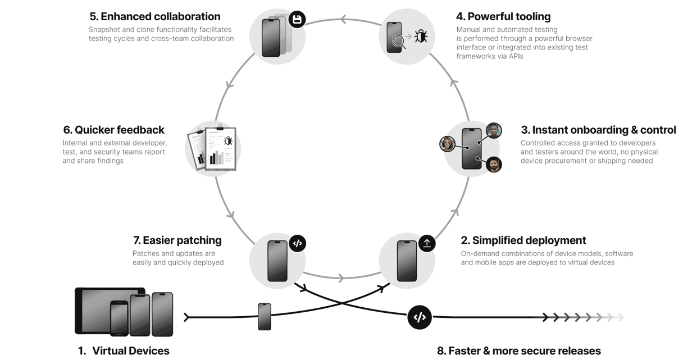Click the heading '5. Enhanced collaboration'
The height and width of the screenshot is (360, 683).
(x=155, y=17)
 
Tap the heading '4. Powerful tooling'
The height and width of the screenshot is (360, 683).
(x=503, y=17)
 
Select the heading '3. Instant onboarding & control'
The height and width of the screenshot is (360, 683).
(x=598, y=130)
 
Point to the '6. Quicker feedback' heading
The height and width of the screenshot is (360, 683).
(x=114, y=130)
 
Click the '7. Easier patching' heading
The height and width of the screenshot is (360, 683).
(x=177, y=240)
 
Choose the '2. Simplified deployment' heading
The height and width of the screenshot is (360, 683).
(x=523, y=240)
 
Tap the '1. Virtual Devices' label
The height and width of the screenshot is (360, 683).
(x=124, y=351)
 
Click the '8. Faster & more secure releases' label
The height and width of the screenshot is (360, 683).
(x=519, y=351)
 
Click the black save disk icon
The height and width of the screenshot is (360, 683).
(x=297, y=20)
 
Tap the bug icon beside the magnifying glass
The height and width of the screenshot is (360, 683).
(x=421, y=37)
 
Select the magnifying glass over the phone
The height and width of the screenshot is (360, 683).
(x=399, y=42)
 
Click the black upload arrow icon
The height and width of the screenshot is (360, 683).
(x=427, y=243)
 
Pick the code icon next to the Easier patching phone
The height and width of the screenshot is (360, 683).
(x=298, y=243)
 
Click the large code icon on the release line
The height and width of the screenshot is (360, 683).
(x=419, y=317)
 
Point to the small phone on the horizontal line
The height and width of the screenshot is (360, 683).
(x=265, y=316)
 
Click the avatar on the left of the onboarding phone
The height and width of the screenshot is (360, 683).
(x=448, y=144)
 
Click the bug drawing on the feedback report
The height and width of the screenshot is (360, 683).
(x=228, y=140)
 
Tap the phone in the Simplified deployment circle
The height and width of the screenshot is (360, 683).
(x=407, y=261)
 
